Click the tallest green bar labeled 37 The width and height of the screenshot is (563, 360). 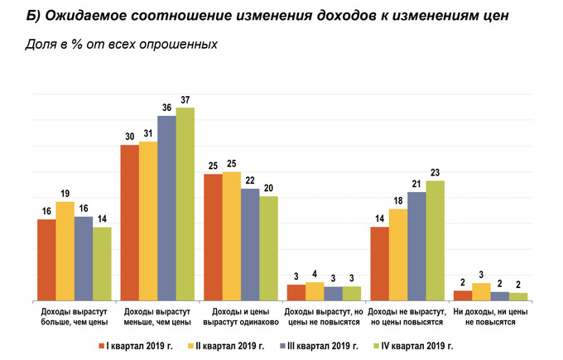tap(185, 204)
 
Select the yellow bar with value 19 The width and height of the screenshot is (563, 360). tap(65, 251)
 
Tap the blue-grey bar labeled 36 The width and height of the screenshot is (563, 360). tap(166, 208)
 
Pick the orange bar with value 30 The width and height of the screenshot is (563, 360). tap(129, 223)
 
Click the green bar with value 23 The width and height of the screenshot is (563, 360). tap(435, 240)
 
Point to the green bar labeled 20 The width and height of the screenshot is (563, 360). tap(268, 248)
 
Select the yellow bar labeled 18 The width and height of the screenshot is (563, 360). tap(398, 254)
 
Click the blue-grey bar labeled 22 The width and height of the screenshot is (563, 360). tap(250, 244)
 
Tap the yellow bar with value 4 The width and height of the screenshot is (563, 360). tap(315, 291)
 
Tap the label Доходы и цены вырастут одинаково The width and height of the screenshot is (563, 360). tap(240, 316)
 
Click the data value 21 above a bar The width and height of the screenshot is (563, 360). tap(416, 183)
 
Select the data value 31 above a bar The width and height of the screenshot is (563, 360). tap(148, 133)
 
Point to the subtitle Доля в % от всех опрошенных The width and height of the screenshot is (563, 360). tap(121, 45)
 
